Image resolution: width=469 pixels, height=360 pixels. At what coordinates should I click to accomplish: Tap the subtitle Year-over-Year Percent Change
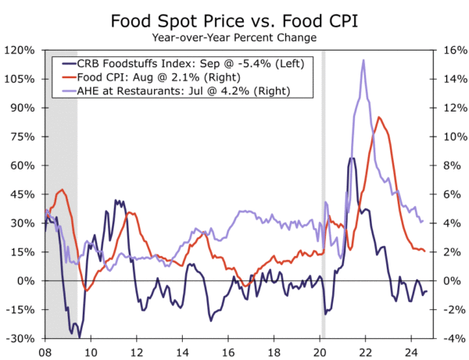coord(234,37)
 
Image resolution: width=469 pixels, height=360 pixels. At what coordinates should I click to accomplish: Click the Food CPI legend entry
coord(162,77)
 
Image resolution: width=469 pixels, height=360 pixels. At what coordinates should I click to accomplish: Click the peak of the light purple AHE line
coord(363,61)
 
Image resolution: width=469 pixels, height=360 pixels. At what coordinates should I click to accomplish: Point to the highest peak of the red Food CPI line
coord(379,118)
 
